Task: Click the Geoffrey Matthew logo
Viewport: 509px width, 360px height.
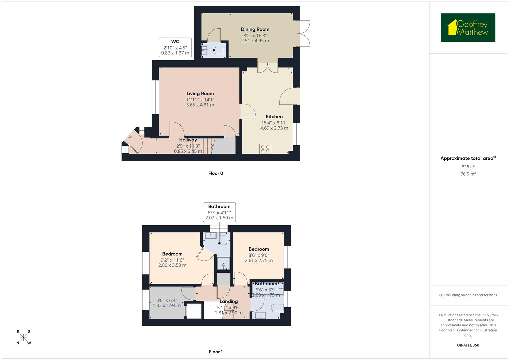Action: click(x=468, y=28)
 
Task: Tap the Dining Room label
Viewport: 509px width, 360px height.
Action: click(x=255, y=29)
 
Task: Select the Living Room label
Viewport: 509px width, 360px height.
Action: click(x=200, y=94)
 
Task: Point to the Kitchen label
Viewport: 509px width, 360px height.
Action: click(x=274, y=117)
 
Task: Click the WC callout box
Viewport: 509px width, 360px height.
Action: click(x=175, y=47)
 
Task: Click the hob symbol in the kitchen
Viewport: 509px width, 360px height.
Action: click(x=266, y=148)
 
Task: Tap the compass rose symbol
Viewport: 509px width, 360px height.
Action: click(x=23, y=337)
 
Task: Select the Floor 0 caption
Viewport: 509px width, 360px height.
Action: click(x=216, y=173)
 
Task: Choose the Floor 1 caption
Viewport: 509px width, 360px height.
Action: click(x=216, y=352)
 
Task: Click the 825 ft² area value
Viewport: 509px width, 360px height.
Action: click(x=468, y=167)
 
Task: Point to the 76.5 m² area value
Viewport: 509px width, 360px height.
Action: click(x=468, y=174)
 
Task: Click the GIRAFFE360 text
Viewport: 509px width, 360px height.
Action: click(x=468, y=345)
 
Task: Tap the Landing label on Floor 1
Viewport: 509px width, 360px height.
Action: click(x=229, y=301)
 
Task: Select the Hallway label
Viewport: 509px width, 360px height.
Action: click(x=188, y=140)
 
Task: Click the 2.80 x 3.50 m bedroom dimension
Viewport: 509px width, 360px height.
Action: click(x=172, y=265)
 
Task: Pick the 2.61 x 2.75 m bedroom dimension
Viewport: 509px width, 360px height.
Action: click(x=259, y=260)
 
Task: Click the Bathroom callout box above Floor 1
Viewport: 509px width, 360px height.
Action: click(x=219, y=212)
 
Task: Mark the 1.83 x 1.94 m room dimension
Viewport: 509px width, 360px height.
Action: click(x=167, y=305)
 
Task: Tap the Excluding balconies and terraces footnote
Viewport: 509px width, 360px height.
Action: click(x=468, y=295)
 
